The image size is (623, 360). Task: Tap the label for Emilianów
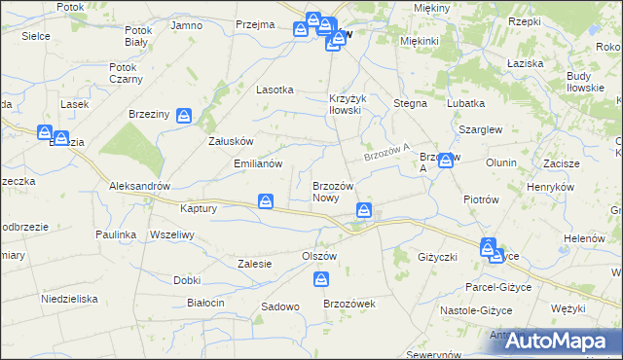(x=258, y=163)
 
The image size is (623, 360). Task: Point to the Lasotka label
(x=275, y=90)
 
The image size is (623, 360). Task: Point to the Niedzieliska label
(x=70, y=299)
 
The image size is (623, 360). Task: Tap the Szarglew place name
(x=478, y=128)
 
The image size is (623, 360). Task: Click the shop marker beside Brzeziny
(x=184, y=116)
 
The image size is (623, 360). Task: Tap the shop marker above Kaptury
(x=265, y=201)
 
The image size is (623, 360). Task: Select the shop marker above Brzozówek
(x=321, y=280)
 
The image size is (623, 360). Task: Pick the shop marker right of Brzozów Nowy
(x=363, y=209)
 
